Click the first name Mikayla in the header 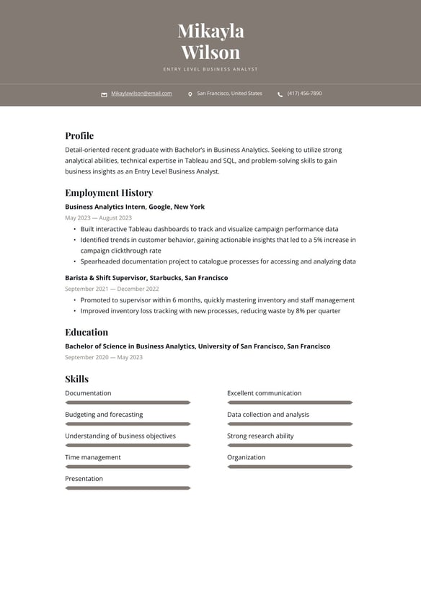pos(211,31)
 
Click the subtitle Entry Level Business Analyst pos(211,69)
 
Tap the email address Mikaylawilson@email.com pos(141,94)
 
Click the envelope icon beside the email pos(104,94)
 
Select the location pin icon pos(190,94)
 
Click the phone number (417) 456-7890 pos(304,94)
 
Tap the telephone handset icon pos(280,94)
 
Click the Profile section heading pos(79,135)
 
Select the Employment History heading pos(109,192)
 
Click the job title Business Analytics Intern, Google pos(135,207)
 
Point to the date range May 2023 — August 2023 pos(98,217)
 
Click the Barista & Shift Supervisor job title pos(146,278)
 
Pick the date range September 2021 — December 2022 pos(112,289)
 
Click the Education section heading pos(87,332)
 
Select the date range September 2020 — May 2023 pos(104,357)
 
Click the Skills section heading pos(76,379)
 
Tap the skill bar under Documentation pos(128,402)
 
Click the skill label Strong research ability pos(260,436)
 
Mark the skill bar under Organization pos(290,467)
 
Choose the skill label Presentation pos(84,479)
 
